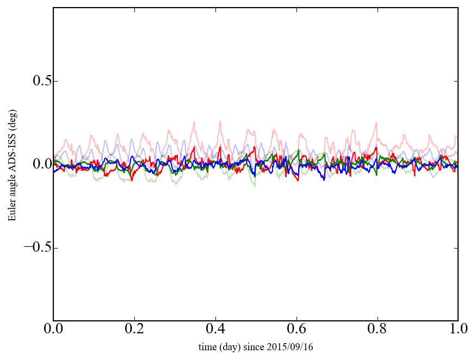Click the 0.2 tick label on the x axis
tap(134, 330)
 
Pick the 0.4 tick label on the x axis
tap(215, 330)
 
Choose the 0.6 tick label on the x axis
tap(296, 330)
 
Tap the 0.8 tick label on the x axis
tap(377, 330)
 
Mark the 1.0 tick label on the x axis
tap(458, 330)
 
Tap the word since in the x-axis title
tap(260, 347)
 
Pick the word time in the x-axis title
tap(207, 347)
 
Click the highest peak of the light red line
tap(220, 121)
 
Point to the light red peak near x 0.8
tap(376, 122)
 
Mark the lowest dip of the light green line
tap(254, 186)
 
